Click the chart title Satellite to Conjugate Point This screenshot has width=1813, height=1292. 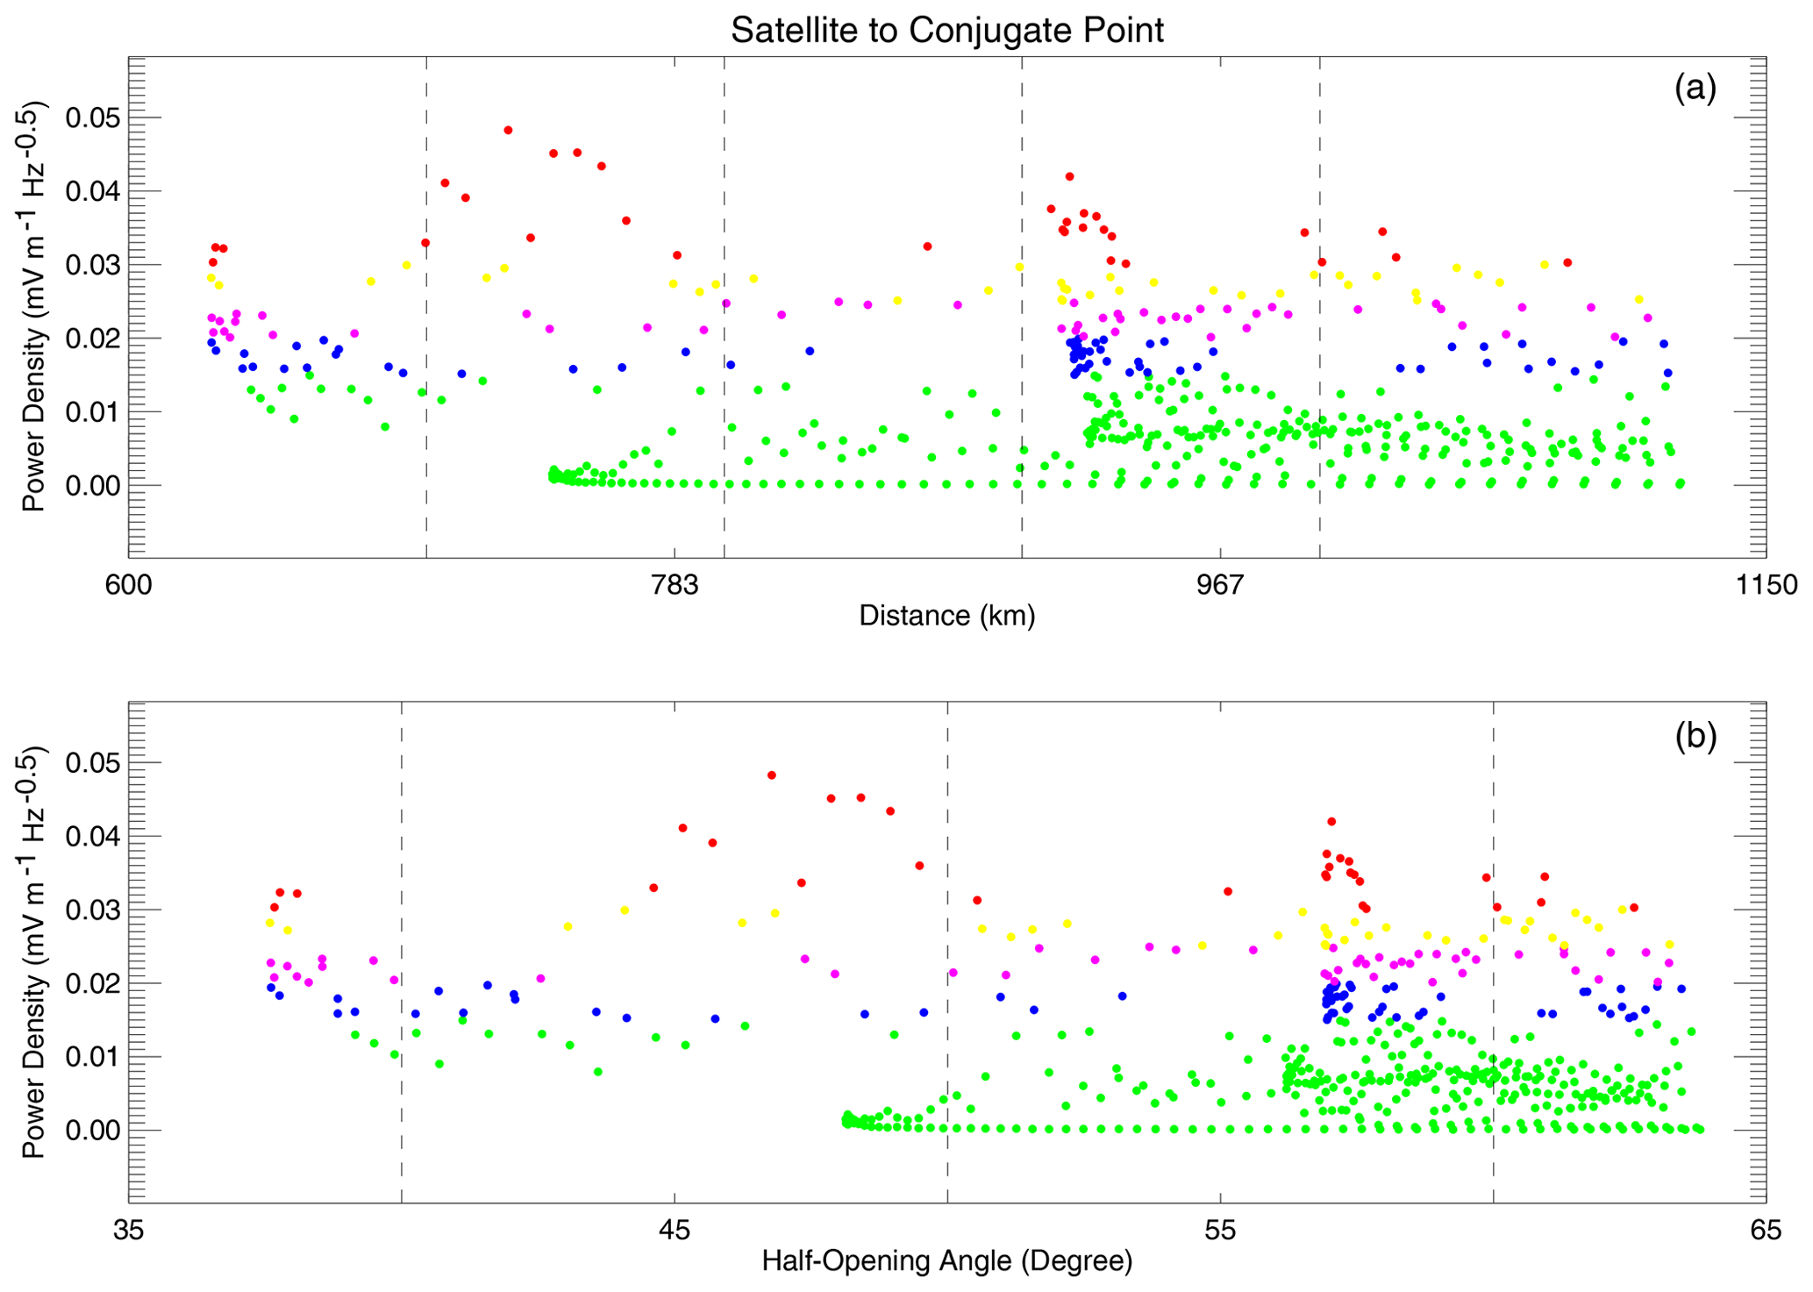pos(946,31)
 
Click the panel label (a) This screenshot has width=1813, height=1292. pos(1695,89)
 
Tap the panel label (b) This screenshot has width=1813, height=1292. pos(1695,735)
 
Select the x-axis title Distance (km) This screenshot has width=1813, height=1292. pos(946,616)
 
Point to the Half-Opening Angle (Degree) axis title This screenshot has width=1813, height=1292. pos(946,1261)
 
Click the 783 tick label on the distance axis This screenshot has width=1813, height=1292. pos(675,584)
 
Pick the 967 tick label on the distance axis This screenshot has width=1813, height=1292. pos(1221,584)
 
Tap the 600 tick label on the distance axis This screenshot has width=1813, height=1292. pos(129,584)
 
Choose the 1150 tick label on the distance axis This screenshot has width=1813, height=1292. pos(1766,584)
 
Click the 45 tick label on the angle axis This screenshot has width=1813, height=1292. pos(675,1231)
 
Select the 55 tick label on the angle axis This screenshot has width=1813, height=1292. pos(1221,1231)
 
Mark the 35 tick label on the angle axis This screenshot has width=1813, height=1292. pos(129,1231)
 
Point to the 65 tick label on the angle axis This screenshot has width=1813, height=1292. pos(1766,1231)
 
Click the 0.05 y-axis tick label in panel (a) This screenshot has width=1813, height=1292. pos(91,118)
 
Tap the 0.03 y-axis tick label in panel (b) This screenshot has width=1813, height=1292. pos(91,910)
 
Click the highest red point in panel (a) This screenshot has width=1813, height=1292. pos(508,130)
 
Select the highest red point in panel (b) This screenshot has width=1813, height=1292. pos(771,775)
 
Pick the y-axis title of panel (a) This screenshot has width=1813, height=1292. pos(35,307)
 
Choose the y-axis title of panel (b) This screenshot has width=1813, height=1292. pos(35,953)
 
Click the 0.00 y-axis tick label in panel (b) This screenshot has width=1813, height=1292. pos(91,1130)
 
